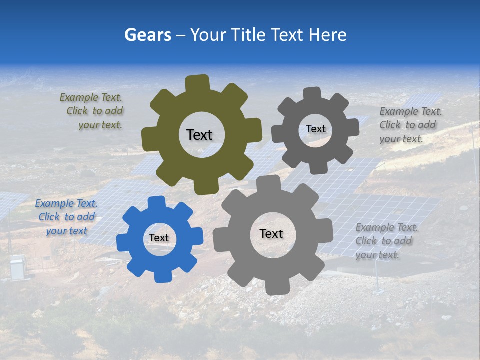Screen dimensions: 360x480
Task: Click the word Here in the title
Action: pos(327,35)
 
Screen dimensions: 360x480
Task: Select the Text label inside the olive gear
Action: pos(199,135)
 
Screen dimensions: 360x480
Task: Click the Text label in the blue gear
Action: pos(159,238)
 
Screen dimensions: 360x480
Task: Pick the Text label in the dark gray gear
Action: pos(315,129)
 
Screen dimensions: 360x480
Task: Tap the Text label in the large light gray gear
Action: pos(271,233)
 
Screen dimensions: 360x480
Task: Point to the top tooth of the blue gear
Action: pos(156,202)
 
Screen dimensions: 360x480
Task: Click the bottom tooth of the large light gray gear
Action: pos(276,287)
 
